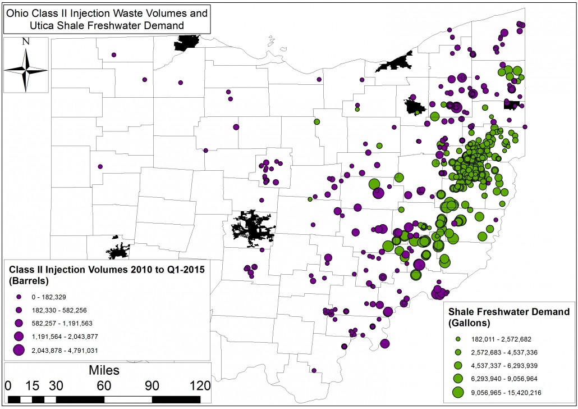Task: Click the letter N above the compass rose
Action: pos(25,42)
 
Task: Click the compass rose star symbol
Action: pos(25,70)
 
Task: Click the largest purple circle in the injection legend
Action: pos(19,349)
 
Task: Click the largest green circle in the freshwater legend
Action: pos(458,392)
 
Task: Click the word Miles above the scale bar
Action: pos(104,371)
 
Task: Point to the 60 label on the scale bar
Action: pos(104,386)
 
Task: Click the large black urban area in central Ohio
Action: pos(252,228)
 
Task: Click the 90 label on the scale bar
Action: pos(152,386)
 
